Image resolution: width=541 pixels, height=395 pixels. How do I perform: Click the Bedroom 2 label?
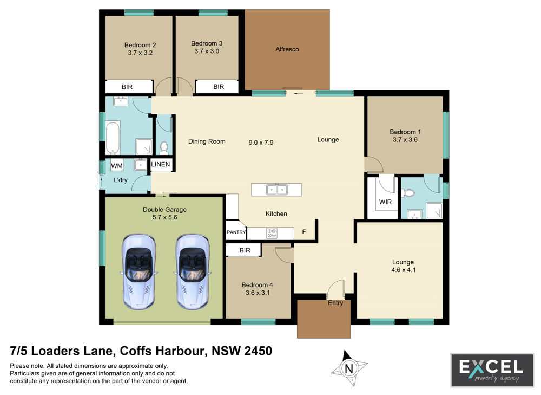140,46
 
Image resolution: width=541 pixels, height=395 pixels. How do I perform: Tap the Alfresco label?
287,49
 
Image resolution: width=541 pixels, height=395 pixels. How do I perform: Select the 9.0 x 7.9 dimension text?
261,143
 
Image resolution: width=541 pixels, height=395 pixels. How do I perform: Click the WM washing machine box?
117,166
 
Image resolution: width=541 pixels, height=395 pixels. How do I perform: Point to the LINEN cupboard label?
161,164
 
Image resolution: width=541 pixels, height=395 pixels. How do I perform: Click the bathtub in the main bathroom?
113,137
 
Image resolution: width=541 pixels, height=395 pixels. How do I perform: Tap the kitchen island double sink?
276,190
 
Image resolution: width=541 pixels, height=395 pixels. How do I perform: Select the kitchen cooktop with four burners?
272,234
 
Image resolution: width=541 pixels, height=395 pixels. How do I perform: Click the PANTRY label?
236,232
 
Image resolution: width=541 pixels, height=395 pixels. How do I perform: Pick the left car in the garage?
138,271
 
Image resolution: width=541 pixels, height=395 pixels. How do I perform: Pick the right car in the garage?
193,271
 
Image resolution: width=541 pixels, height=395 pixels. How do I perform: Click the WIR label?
385,202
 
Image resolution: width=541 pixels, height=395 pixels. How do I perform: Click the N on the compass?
349,369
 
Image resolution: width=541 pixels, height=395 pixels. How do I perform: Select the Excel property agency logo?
492,370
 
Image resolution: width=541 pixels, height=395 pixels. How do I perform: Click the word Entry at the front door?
335,303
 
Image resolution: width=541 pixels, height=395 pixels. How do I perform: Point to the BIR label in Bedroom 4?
245,250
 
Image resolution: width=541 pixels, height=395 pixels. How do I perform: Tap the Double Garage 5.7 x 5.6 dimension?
164,217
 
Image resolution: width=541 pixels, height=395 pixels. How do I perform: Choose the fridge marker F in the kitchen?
304,232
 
